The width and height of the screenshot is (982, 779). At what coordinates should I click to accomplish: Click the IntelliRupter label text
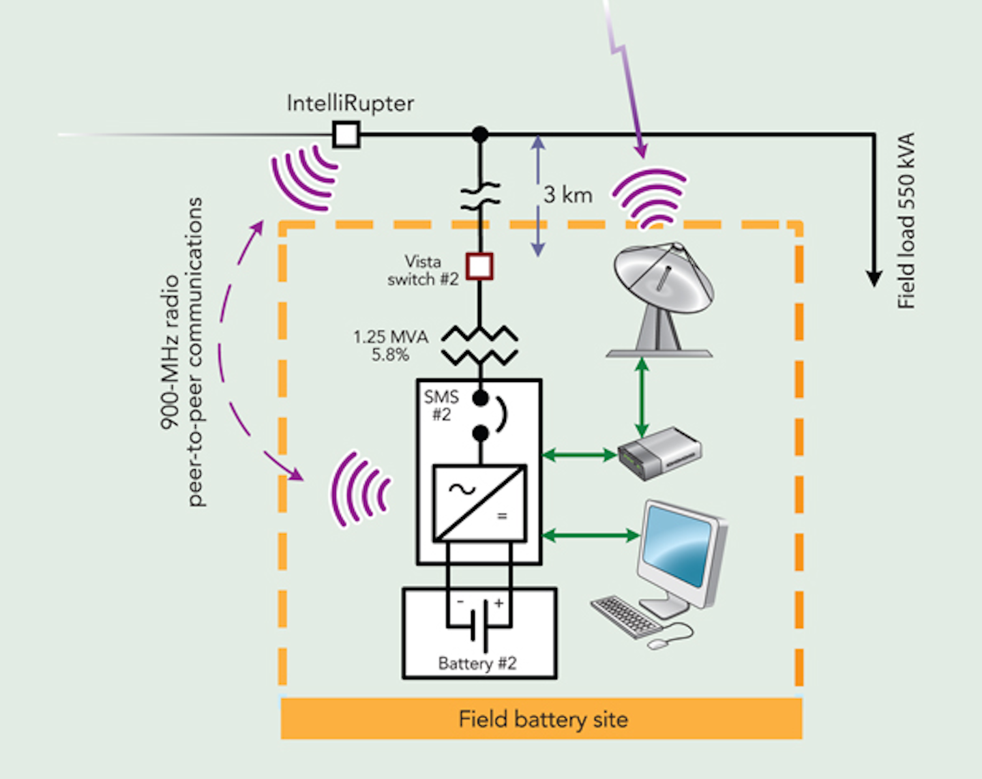(x=350, y=104)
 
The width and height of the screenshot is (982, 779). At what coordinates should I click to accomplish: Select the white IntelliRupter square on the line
(x=346, y=134)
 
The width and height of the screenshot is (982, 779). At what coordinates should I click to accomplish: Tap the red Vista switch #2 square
(x=479, y=266)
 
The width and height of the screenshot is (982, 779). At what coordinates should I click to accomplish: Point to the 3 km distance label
(x=567, y=195)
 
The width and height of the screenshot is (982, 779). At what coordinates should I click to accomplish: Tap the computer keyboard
(x=625, y=615)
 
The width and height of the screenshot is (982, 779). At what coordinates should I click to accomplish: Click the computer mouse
(x=659, y=643)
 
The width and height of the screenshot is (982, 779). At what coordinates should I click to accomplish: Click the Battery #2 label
(x=477, y=664)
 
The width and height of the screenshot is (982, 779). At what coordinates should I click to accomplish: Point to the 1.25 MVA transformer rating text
(x=390, y=337)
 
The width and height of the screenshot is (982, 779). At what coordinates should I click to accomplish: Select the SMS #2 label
(x=441, y=406)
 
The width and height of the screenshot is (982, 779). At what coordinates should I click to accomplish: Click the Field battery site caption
(x=543, y=720)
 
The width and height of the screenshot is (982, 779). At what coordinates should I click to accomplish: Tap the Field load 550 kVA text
(x=906, y=221)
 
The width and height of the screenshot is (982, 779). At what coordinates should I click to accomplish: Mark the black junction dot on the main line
(x=480, y=134)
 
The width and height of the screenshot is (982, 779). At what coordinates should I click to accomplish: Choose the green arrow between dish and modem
(x=642, y=397)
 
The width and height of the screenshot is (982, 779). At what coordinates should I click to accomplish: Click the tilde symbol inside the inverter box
(x=462, y=489)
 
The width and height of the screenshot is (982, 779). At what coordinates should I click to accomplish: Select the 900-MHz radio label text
(x=169, y=351)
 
